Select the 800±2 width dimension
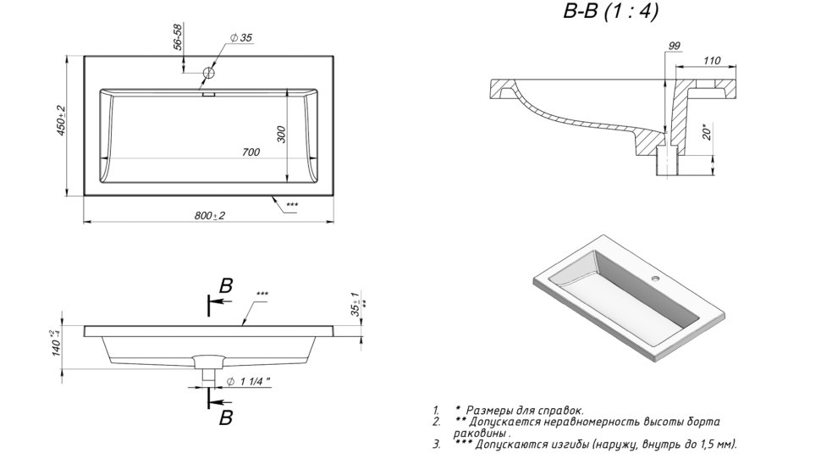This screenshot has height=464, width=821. pyautogui.click(x=209, y=216)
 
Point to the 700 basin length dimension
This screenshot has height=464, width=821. pyautogui.click(x=251, y=152)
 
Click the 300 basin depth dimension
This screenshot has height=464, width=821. pyautogui.click(x=282, y=134)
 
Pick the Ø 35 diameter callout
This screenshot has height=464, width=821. pyautogui.click(x=241, y=38)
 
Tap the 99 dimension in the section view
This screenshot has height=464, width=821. pyautogui.click(x=674, y=47)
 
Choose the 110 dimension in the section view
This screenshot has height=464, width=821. pyautogui.click(x=712, y=61)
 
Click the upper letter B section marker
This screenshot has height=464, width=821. pyautogui.click(x=226, y=286)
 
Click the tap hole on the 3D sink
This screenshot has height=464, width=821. pyautogui.click(x=658, y=277)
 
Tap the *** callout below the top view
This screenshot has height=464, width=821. pyautogui.click(x=292, y=206)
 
